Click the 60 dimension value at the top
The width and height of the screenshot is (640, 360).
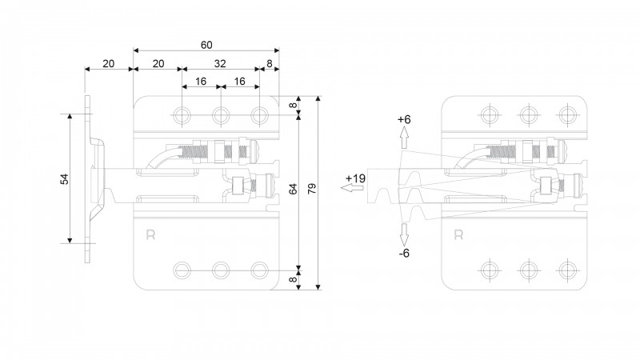tap(206, 45)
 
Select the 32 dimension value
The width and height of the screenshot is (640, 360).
tap(220, 64)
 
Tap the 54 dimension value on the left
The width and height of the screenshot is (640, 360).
tap(65, 179)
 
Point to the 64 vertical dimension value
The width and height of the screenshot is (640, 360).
tap(293, 189)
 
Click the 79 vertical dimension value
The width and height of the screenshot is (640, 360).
tap(311, 189)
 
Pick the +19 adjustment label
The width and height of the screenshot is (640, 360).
tap(355, 178)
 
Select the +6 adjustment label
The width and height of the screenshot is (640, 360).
tap(404, 119)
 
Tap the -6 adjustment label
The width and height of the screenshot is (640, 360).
tap(404, 254)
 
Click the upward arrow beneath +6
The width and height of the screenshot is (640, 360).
tap(404, 137)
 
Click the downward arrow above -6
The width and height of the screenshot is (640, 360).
tap(404, 234)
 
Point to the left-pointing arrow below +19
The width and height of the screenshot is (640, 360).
tap(352, 188)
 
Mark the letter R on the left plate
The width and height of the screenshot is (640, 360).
tap(150, 234)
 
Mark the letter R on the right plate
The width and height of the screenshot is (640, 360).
tap(458, 234)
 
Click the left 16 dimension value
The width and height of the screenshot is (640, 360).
tap(201, 82)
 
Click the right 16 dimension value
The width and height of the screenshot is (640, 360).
tap(239, 82)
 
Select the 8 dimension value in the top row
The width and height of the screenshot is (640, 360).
tap(270, 64)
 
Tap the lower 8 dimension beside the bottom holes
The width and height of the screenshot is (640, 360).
tap(293, 279)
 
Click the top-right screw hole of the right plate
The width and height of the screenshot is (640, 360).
tap(567, 114)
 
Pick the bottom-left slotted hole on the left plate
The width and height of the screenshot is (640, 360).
tap(182, 270)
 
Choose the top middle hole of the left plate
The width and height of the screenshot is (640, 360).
tap(221, 115)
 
